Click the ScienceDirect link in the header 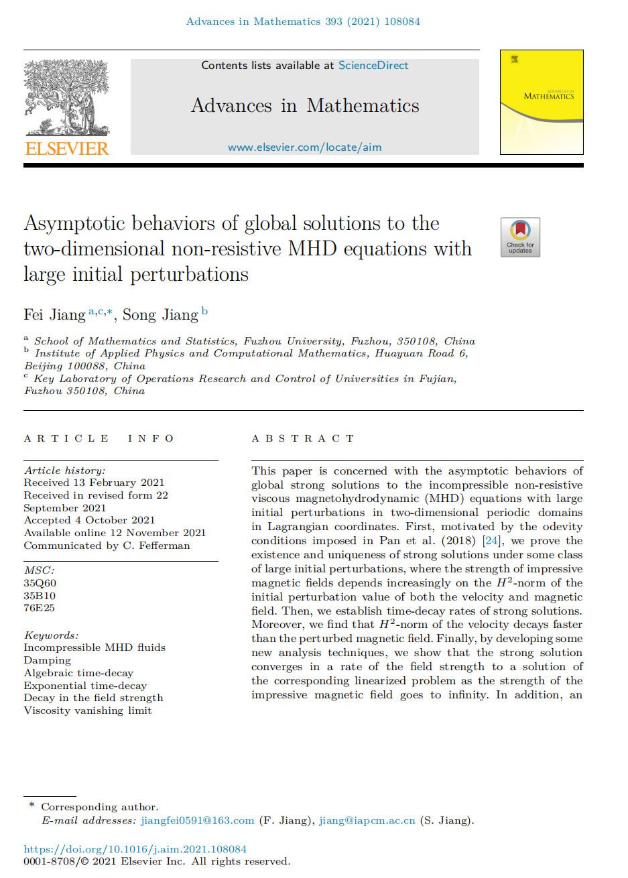[373, 66]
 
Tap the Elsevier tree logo [66, 97]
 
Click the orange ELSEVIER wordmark [66, 148]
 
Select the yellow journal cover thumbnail [542, 102]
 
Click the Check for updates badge [520, 237]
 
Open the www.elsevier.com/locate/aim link [305, 147]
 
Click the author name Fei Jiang [54, 315]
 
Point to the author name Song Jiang [160, 315]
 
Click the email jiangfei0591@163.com [197, 820]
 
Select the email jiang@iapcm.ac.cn [367, 820]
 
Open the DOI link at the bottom [135, 849]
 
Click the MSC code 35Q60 [40, 583]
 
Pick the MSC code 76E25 [40, 608]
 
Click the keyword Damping [47, 660]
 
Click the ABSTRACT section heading [303, 438]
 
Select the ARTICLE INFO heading [99, 438]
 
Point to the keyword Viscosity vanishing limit [88, 710]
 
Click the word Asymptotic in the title [74, 224]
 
